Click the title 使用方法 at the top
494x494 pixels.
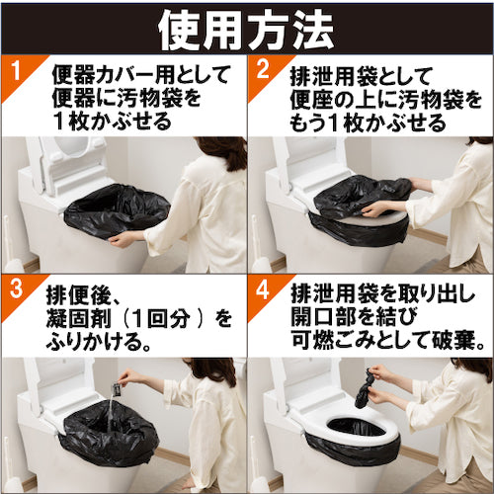[x=247, y=28]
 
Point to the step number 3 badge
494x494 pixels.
[x=13, y=293]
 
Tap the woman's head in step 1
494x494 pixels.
[x=222, y=153]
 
